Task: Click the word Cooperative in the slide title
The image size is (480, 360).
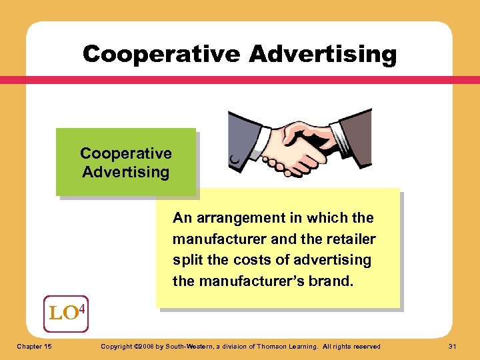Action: coord(161,53)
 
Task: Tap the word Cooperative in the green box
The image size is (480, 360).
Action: coord(126,153)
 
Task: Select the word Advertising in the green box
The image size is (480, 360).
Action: coord(126,172)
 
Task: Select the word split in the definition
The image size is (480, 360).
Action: coord(186,260)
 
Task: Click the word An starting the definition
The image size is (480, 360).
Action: coord(181,218)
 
